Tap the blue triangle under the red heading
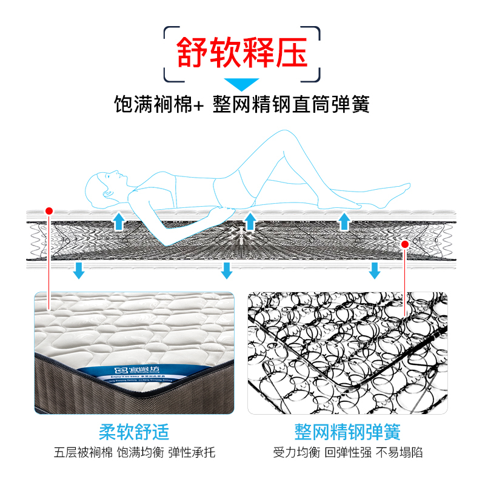coord(242,84)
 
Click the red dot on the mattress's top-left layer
coord(49,211)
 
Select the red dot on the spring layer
coord(405,244)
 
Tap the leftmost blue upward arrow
coord(119,221)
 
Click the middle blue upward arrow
coord(249,221)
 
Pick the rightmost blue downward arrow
coord(375,270)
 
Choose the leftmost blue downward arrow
coord(78,270)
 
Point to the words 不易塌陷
coord(400,453)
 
